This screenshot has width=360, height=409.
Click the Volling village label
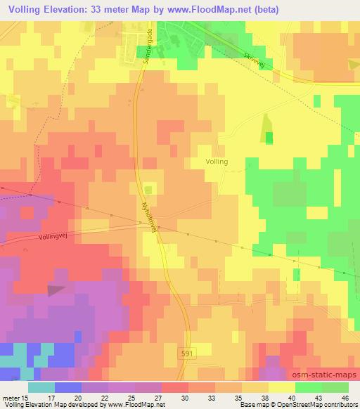click(217, 162)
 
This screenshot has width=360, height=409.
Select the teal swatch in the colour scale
click(41, 387)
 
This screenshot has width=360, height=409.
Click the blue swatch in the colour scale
click(68, 387)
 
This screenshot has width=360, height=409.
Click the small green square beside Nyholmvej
click(148, 189)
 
